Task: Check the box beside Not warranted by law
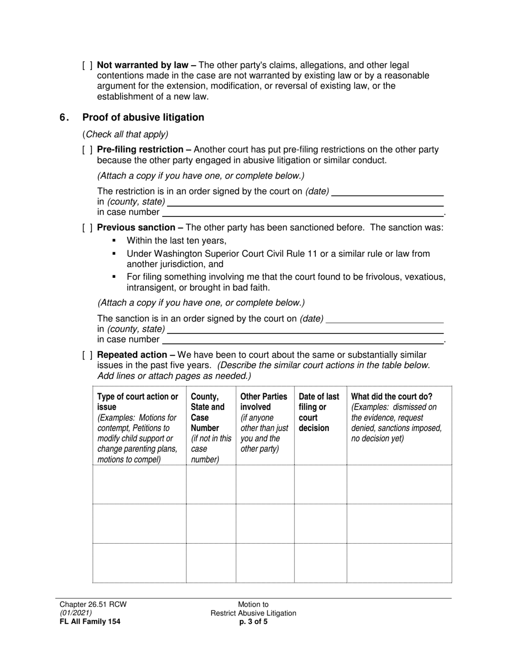click(x=88, y=66)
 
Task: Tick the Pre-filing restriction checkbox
click(x=88, y=150)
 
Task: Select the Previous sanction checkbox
click(x=88, y=228)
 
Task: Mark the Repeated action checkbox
click(x=88, y=355)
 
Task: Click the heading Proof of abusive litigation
click(x=143, y=118)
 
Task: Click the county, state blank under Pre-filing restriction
click(x=305, y=202)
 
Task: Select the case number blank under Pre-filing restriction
click(x=303, y=213)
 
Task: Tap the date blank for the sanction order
click(x=385, y=319)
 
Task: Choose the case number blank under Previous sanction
click(x=303, y=340)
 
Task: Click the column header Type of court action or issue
click(x=138, y=402)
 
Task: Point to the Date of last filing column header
click(x=319, y=412)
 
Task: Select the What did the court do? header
click(x=392, y=397)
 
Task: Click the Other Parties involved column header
click(x=264, y=402)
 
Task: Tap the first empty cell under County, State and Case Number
click(x=211, y=484)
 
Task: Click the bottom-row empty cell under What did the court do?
click(x=399, y=563)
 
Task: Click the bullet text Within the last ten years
click(x=177, y=241)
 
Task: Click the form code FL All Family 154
click(x=90, y=622)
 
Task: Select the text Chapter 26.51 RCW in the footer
click(x=93, y=605)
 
